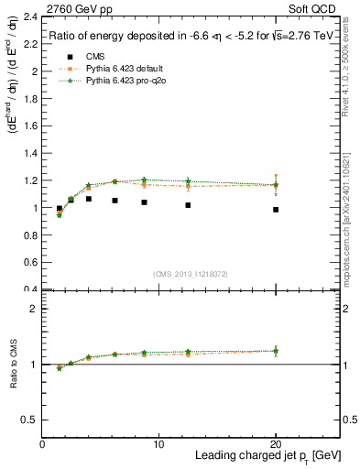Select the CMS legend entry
92,58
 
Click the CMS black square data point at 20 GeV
276,210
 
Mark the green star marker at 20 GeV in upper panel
276,186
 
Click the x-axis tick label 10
158,444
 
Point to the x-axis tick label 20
276,444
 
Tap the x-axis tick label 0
42,444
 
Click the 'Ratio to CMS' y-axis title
14,366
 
